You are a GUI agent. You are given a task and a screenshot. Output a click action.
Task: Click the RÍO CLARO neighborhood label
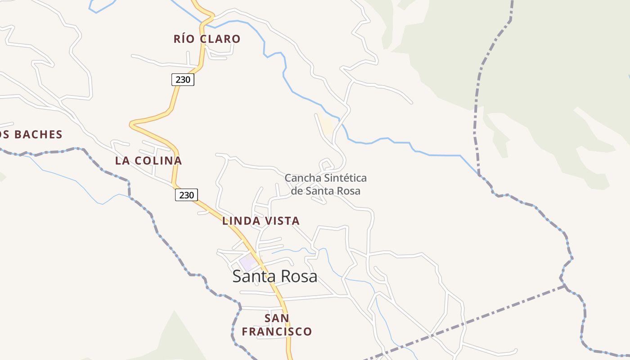tap(207, 39)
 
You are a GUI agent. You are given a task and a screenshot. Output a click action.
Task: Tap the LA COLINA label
tap(148, 161)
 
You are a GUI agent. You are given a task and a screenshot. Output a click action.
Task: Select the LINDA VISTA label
tap(261, 221)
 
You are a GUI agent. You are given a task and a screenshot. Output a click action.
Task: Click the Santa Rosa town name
tap(274, 276)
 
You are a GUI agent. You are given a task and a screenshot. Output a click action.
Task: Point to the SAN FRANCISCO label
tap(277, 325)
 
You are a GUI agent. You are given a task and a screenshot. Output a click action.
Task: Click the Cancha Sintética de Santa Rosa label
tap(326, 184)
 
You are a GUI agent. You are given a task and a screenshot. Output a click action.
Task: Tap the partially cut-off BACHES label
tap(31, 135)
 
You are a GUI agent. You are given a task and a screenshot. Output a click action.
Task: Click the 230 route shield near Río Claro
tap(183, 80)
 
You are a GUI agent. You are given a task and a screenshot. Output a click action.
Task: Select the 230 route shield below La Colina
tap(186, 195)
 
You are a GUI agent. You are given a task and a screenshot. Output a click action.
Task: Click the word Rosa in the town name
tap(299, 276)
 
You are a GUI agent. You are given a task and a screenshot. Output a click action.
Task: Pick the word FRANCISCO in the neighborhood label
tap(277, 332)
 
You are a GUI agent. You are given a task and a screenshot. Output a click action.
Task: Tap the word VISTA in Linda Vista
tap(282, 221)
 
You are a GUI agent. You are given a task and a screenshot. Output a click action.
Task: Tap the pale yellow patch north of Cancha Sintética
tap(327, 125)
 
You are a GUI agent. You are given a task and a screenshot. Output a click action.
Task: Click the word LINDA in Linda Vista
tap(241, 221)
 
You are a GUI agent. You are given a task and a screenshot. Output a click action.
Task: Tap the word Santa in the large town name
tap(253, 276)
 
